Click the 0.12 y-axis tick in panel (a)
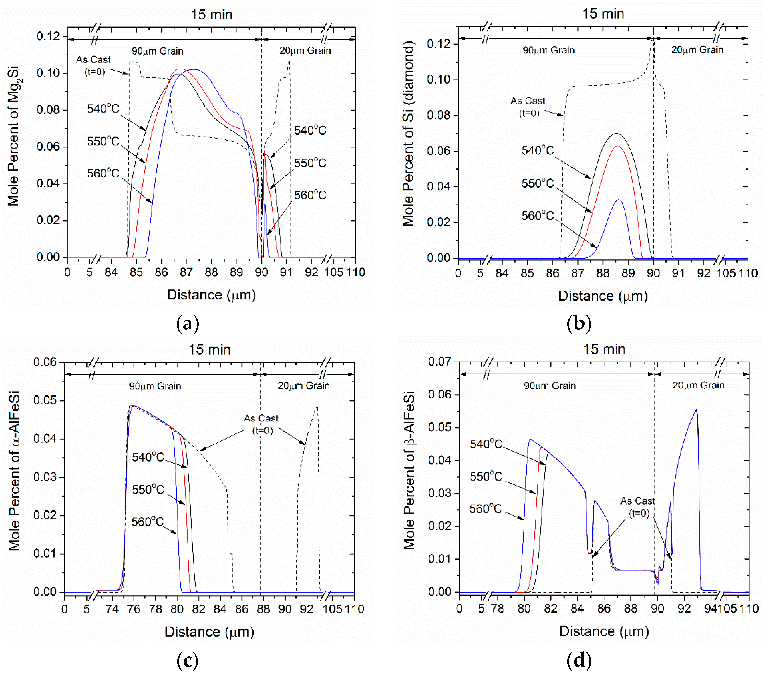[48, 36]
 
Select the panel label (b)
[579, 323]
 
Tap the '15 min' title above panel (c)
[209, 350]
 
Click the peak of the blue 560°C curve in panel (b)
[619, 200]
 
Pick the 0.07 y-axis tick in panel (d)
[439, 361]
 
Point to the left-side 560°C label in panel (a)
[103, 173]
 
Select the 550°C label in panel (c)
[148, 489]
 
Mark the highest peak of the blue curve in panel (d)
[696, 410]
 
